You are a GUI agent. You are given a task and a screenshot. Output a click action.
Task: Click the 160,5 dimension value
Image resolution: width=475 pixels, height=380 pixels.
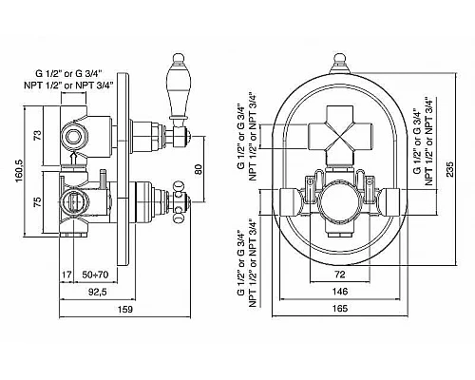(x=19, y=172)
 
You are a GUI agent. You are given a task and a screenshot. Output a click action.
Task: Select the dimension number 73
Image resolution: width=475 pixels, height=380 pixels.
(x=38, y=136)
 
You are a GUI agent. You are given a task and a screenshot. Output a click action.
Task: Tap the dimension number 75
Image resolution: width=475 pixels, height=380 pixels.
(x=38, y=202)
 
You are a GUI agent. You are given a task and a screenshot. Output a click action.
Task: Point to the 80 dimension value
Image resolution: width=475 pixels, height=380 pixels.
(x=198, y=169)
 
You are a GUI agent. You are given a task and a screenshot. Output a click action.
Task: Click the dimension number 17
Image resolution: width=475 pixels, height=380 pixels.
(x=66, y=275)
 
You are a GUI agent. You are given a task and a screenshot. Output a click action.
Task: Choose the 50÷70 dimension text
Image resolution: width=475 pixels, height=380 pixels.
(x=95, y=275)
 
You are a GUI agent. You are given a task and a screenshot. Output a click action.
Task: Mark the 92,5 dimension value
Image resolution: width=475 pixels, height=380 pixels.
(x=97, y=292)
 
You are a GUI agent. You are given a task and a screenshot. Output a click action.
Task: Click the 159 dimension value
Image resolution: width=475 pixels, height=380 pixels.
(x=125, y=309)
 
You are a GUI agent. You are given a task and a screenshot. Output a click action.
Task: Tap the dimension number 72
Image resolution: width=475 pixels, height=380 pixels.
(x=340, y=275)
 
